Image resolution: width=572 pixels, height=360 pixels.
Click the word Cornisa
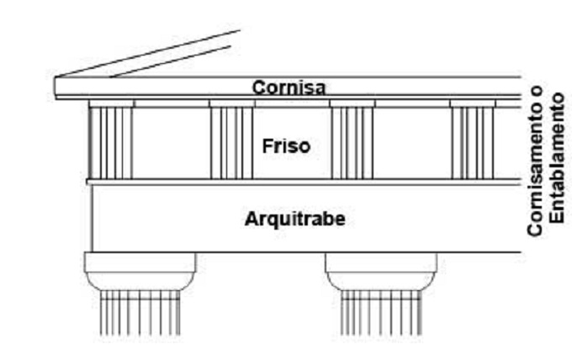[289, 87]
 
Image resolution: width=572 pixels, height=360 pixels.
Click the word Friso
[286, 146]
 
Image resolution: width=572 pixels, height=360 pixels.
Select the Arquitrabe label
[294, 220]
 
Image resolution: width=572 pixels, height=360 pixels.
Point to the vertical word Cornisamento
[537, 172]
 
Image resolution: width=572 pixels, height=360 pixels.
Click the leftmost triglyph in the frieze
[110, 142]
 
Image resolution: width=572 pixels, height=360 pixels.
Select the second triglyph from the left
[231, 142]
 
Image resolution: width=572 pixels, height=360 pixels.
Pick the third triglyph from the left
[352, 142]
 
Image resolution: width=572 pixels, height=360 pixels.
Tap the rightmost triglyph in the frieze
[472, 142]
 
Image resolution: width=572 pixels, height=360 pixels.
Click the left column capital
[140, 272]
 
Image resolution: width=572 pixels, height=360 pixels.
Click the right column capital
[381, 272]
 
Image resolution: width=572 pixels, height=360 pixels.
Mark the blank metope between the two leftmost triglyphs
[171, 143]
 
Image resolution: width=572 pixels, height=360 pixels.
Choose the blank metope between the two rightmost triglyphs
[412, 143]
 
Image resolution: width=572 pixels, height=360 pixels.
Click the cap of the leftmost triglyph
[110, 103]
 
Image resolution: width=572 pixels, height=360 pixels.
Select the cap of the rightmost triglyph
[472, 103]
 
